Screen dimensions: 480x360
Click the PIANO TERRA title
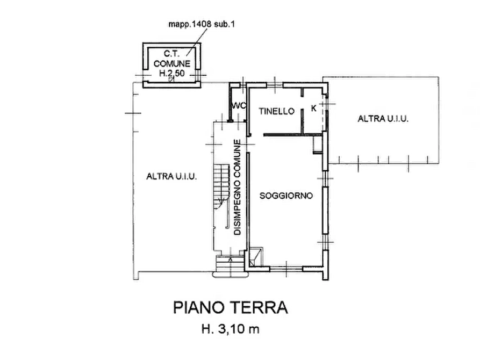click(x=231, y=307)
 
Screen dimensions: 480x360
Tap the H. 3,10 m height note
click(x=231, y=329)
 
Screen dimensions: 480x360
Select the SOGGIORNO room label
click(x=286, y=196)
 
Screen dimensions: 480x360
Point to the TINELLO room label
click(x=276, y=111)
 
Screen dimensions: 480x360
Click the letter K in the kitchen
click(x=313, y=108)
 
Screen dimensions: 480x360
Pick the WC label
click(x=239, y=106)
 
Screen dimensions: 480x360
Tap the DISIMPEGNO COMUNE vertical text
click(x=238, y=188)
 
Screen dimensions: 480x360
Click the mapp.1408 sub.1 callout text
click(x=202, y=24)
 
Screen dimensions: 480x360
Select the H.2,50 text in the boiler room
click(x=171, y=73)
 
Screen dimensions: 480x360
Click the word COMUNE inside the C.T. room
click(x=171, y=64)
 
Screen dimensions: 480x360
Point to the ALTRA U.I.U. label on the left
click(x=171, y=176)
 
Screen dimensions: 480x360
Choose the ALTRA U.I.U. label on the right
click(x=383, y=118)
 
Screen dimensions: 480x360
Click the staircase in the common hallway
click(x=221, y=187)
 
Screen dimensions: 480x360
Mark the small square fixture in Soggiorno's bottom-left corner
click(x=256, y=256)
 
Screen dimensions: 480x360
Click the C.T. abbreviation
click(x=171, y=54)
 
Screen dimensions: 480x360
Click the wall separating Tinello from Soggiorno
click(x=293, y=134)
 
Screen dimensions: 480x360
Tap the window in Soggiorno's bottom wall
click(x=286, y=269)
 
